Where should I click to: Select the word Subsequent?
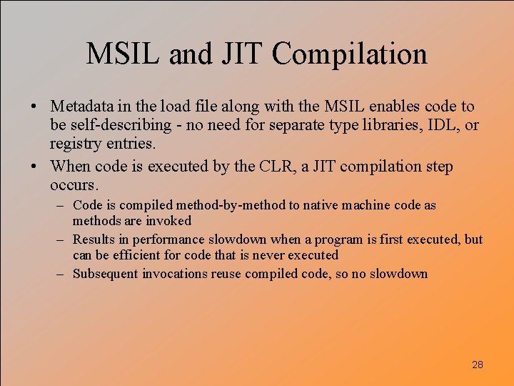point(106,274)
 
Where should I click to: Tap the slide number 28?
point(478,365)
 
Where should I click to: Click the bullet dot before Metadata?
point(34,107)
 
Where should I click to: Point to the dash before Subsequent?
point(63,274)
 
